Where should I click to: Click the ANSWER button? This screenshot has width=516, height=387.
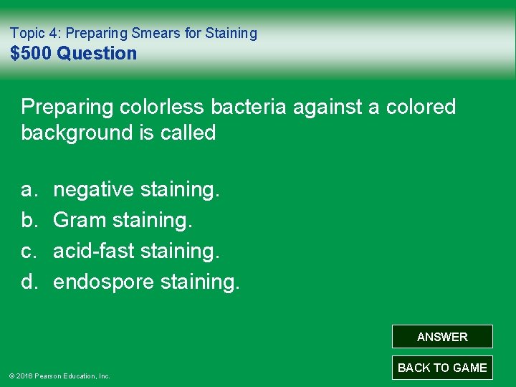tap(442, 337)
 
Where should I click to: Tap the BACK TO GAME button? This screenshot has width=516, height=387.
tap(442, 368)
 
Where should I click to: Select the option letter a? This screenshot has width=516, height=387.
tap(29, 190)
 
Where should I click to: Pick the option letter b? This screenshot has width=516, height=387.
tap(29, 221)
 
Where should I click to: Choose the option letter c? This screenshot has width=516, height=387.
tap(29, 252)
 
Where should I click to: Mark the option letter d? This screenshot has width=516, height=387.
tap(29, 282)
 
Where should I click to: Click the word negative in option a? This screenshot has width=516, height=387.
tap(94, 190)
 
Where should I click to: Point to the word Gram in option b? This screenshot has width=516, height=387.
tap(80, 221)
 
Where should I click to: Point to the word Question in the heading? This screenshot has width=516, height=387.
tap(97, 54)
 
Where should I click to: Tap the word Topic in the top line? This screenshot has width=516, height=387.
tap(27, 33)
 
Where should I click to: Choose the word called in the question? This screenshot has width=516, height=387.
tap(188, 133)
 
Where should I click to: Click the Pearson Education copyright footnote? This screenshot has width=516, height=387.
tap(59, 376)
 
